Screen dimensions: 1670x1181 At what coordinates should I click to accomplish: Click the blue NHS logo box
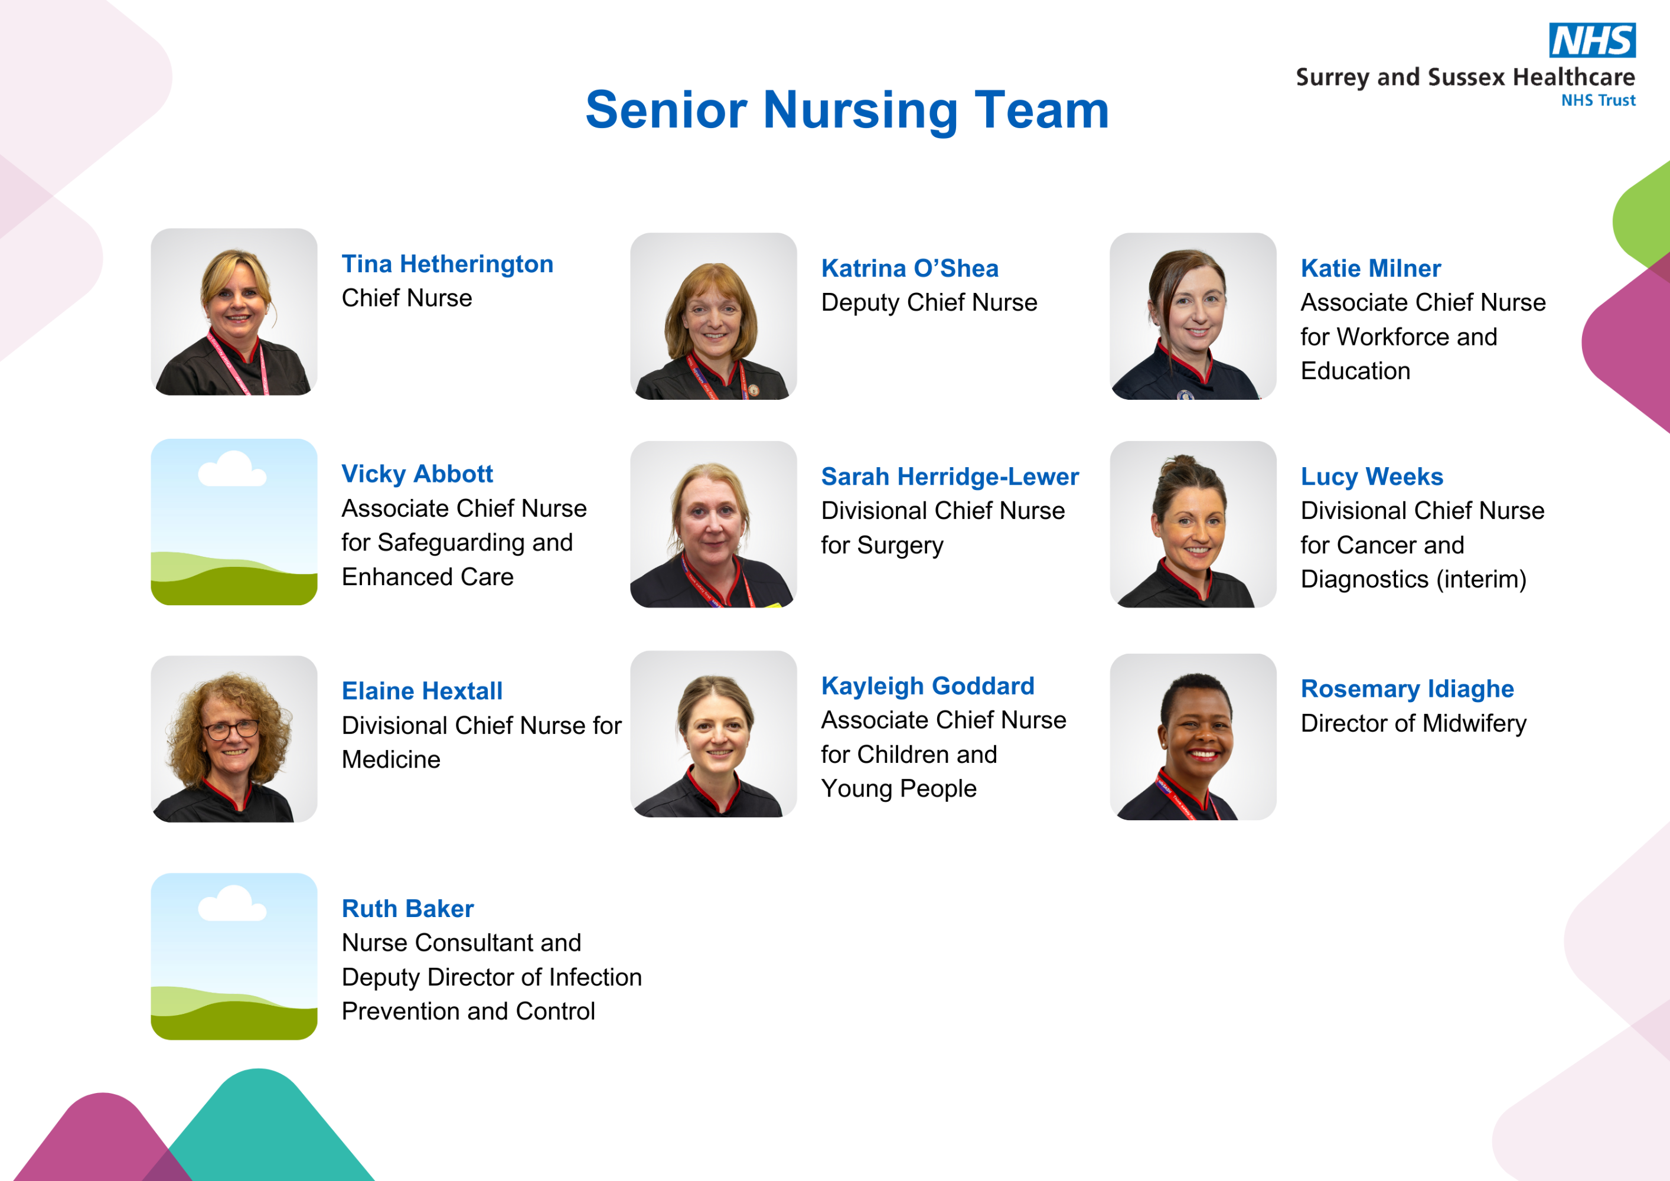click(x=1592, y=40)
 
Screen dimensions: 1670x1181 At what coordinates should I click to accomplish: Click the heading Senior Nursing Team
click(x=847, y=110)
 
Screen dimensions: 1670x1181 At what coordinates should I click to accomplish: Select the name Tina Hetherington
click(x=448, y=264)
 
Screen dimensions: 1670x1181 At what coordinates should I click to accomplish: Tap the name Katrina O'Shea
click(x=910, y=268)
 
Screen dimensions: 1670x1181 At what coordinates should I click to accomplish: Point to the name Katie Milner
click(x=1371, y=268)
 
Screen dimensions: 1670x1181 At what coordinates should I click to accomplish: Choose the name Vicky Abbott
click(x=417, y=474)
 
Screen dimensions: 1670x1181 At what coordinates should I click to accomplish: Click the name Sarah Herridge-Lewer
click(x=950, y=477)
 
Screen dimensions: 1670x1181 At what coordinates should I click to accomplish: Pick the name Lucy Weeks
click(x=1372, y=477)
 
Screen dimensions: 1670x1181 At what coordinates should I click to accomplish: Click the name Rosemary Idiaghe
click(x=1407, y=689)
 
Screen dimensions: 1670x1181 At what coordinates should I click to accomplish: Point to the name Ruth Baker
click(x=408, y=908)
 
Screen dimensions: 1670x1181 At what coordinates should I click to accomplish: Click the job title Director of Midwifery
click(x=1413, y=723)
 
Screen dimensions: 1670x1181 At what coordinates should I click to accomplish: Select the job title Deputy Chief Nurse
click(x=929, y=302)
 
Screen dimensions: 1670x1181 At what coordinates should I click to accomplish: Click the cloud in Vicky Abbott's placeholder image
click(x=231, y=470)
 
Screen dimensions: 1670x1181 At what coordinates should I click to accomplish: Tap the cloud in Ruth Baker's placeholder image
click(x=231, y=904)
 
